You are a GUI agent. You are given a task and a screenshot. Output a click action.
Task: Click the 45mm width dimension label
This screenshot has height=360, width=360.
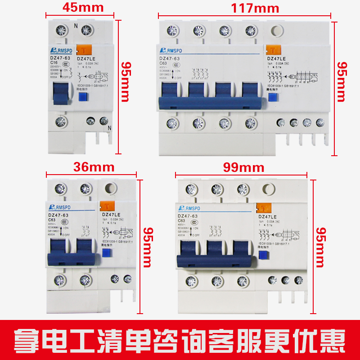(83, 7)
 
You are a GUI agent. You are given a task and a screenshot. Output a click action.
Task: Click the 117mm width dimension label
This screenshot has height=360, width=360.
(255, 8)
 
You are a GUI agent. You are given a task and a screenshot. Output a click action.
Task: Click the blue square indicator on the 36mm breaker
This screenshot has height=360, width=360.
(107, 253)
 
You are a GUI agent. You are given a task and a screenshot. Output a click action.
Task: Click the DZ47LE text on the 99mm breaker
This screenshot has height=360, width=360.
(269, 216)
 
